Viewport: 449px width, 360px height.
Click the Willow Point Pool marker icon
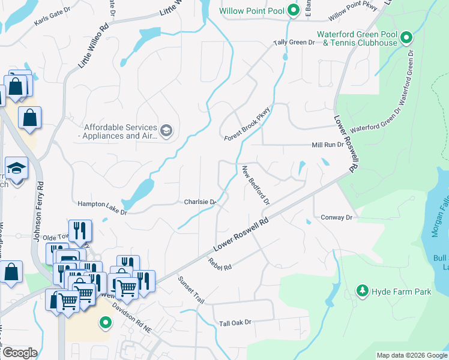point(293,10)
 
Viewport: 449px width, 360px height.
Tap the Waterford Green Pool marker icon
point(406,39)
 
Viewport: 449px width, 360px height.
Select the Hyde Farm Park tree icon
point(362,292)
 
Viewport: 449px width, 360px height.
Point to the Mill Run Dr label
point(327,145)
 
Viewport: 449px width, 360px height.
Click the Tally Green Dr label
point(294,43)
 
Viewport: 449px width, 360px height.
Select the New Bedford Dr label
point(256,186)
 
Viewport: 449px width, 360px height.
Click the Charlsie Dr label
point(199,202)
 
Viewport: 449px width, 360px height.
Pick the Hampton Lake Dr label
point(103,204)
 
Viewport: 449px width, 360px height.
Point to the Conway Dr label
point(337,217)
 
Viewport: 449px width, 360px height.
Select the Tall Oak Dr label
point(235,322)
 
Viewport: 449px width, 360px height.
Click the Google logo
point(19,352)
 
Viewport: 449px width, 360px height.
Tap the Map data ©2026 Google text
point(412,355)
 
